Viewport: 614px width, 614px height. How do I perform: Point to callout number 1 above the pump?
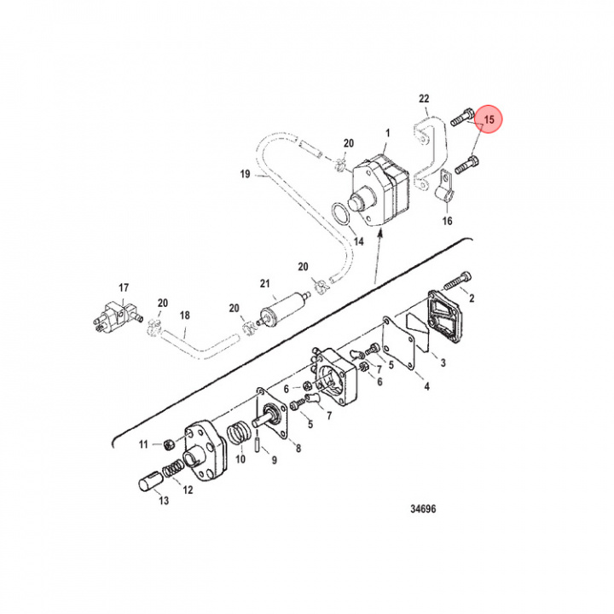click(x=387, y=134)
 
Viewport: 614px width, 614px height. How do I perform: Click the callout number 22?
click(x=424, y=100)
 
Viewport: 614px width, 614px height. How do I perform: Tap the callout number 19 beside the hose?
click(x=244, y=177)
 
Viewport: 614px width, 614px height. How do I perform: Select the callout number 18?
click(x=184, y=316)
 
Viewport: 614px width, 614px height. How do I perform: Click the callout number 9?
click(x=275, y=461)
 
